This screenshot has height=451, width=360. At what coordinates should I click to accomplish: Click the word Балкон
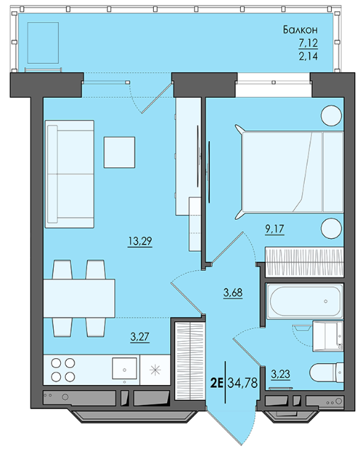(x=300, y=30)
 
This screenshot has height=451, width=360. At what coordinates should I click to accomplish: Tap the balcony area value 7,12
(x=308, y=43)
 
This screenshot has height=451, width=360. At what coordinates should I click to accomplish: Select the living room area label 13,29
(x=140, y=241)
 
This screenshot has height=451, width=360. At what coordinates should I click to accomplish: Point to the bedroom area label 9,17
(x=274, y=229)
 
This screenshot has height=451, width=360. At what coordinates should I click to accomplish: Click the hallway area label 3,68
(x=233, y=293)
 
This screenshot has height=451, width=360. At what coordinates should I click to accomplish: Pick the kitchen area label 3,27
(x=140, y=337)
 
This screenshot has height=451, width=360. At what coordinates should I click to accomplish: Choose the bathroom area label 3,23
(x=281, y=374)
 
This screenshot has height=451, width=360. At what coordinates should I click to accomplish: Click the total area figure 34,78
(x=242, y=383)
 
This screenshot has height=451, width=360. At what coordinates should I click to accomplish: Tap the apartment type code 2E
(x=217, y=383)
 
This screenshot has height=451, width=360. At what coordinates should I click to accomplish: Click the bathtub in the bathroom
(x=305, y=301)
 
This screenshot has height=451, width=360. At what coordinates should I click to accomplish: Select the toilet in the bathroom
(x=327, y=373)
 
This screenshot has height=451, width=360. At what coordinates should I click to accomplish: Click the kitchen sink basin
(x=124, y=368)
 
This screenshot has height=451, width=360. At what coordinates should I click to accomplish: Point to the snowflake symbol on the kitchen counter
(x=155, y=370)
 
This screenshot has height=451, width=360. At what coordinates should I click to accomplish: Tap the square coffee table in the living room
(x=119, y=152)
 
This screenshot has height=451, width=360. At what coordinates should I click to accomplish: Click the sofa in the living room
(x=69, y=174)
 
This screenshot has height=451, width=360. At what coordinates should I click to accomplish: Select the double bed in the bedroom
(x=290, y=172)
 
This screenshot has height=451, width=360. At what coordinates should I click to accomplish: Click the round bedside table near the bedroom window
(x=331, y=116)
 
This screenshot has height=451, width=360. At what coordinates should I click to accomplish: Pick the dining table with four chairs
(x=79, y=299)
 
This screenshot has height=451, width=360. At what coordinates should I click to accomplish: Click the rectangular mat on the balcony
(x=43, y=43)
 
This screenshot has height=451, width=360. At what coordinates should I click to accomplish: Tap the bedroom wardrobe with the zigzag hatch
(x=304, y=262)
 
